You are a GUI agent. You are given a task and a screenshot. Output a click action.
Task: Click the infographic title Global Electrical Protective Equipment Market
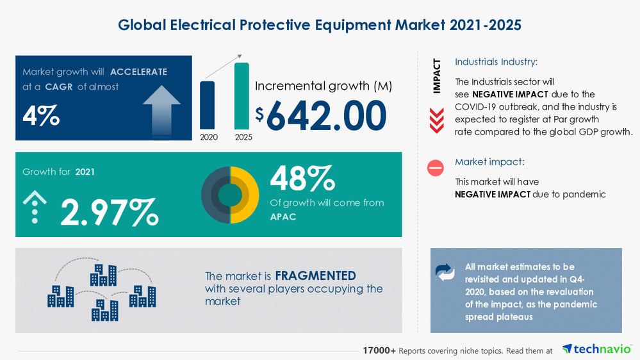320,25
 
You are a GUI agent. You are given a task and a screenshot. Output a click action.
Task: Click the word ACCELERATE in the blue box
138,72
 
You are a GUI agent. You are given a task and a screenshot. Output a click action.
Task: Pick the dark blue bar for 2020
208,105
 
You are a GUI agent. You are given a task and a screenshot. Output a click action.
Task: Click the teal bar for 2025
242,96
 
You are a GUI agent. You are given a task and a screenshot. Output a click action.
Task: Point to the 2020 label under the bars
208,137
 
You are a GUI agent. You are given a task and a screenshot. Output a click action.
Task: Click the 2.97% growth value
109,213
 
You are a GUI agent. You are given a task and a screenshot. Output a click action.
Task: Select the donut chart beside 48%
230,195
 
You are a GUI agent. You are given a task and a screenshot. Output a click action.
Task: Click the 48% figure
302,179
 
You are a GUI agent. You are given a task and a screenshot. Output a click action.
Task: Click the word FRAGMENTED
315,276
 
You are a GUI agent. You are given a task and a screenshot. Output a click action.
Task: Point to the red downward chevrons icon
436,120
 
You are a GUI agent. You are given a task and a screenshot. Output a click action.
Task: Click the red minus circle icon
436,168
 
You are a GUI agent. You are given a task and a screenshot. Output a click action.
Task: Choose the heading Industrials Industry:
496,62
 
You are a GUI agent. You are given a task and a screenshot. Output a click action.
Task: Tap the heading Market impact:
489,162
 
